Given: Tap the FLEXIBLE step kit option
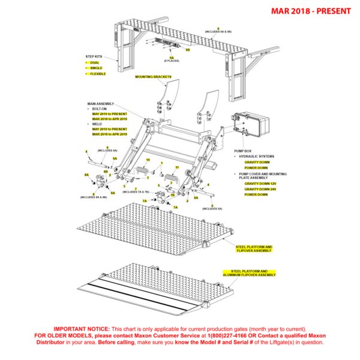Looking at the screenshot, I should click(x=98, y=74).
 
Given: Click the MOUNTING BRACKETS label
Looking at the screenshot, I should click(x=153, y=77).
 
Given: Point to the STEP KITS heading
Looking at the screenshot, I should click(x=94, y=56).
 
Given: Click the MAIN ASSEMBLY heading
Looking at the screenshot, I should click(x=100, y=103).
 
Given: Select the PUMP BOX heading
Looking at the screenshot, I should click(x=242, y=151).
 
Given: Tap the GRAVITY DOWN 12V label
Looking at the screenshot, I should click(x=259, y=184).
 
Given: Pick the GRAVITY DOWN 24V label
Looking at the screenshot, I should click(x=259, y=189).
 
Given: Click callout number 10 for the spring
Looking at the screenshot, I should click(x=148, y=161).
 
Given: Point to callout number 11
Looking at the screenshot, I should click(x=177, y=168).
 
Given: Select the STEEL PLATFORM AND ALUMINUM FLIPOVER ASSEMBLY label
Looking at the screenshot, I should click(x=249, y=273).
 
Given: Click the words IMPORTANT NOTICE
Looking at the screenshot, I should click(x=82, y=329).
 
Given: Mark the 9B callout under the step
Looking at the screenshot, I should click(x=188, y=50).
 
